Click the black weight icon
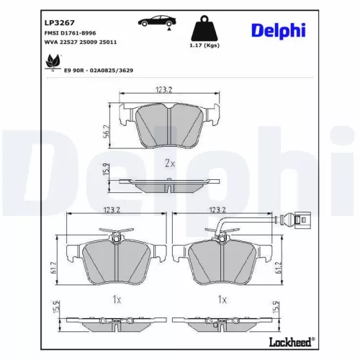pyautogui.click(x=205, y=29)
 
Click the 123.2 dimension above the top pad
pyautogui.click(x=166, y=91)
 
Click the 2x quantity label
pyautogui.click(x=170, y=163)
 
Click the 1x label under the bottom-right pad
pyautogui.click(x=222, y=298)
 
